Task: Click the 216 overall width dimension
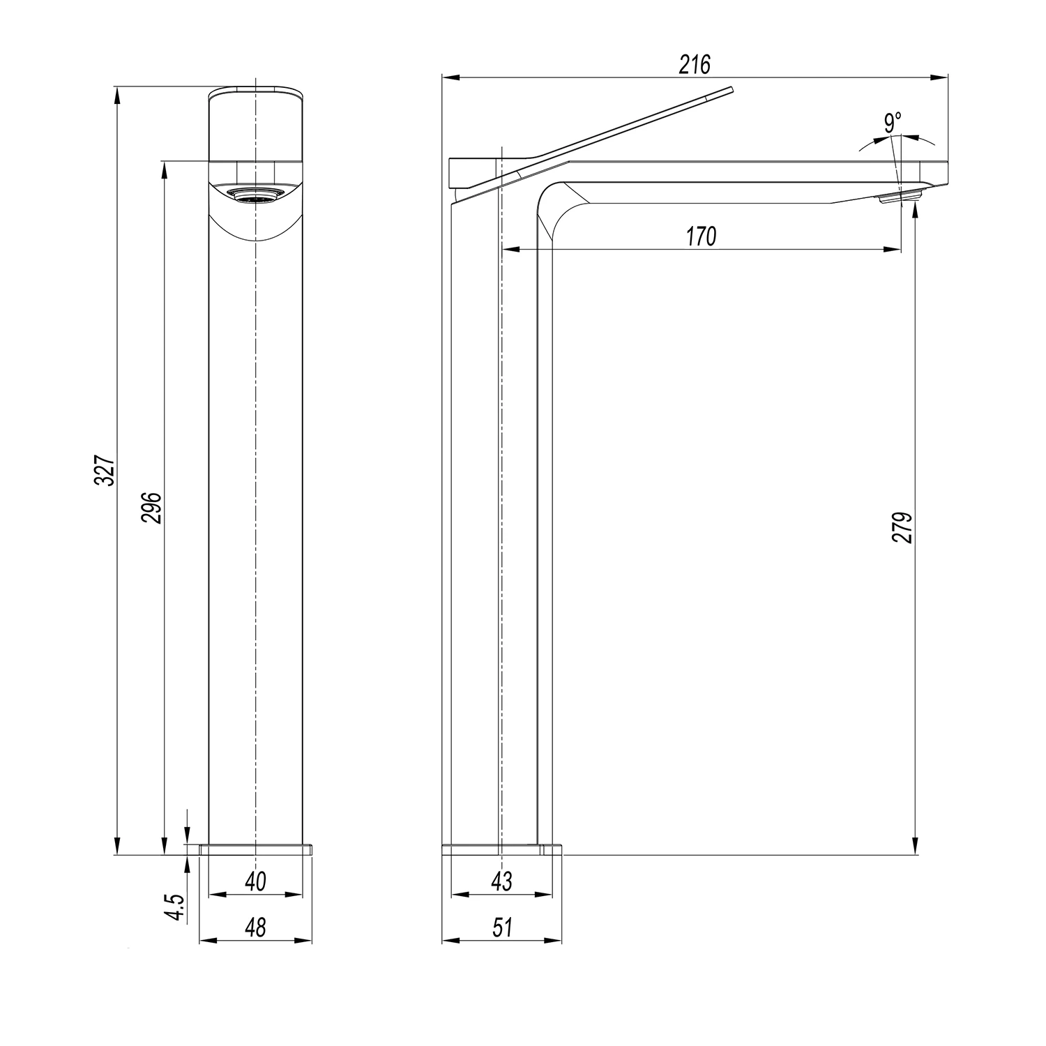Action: point(695,65)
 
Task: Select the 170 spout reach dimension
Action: point(701,237)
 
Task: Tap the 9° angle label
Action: point(892,123)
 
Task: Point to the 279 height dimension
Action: point(902,528)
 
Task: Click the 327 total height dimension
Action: point(104,471)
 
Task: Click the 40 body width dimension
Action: point(256,881)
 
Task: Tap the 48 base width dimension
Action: point(256,927)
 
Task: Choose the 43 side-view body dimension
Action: point(501,881)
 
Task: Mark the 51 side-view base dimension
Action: point(502,927)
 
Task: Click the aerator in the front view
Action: point(256,195)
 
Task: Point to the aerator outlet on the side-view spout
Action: point(897,199)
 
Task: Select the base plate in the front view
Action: point(256,849)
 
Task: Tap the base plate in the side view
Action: point(502,849)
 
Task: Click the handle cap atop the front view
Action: point(256,126)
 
